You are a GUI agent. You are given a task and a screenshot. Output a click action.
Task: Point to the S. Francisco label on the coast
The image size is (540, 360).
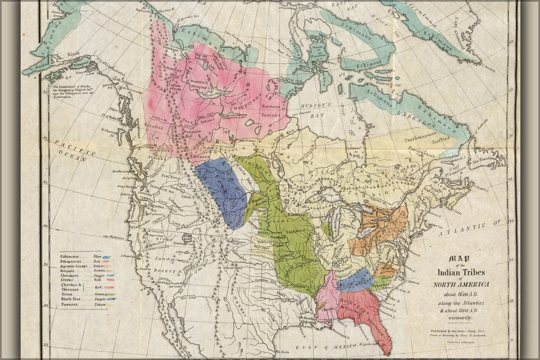129,256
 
